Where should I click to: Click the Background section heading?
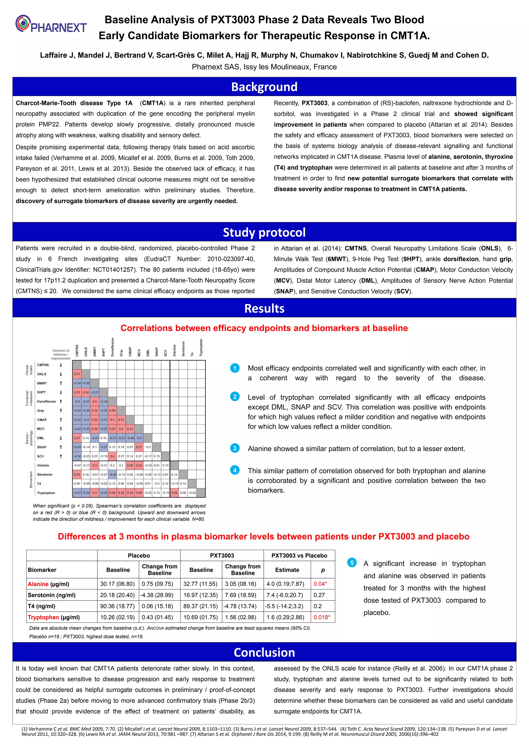click(264, 87)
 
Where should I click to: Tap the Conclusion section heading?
click(264, 652)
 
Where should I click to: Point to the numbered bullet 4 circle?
click(235, 470)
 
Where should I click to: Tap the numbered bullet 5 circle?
click(352, 563)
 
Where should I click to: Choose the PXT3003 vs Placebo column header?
click(299, 555)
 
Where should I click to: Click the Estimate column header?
click(287, 570)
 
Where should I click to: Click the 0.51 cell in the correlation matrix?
click(77, 374)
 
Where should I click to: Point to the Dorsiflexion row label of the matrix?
click(46, 402)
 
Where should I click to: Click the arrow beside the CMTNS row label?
click(61, 365)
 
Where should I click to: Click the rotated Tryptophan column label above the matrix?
click(201, 347)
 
